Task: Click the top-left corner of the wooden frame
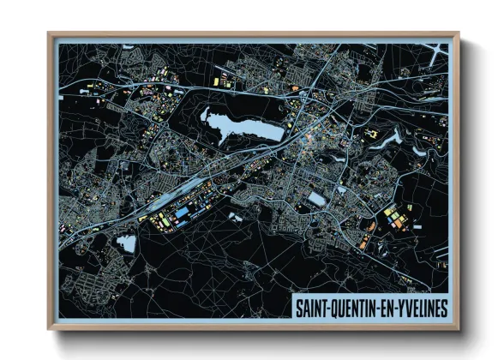coord(49,33)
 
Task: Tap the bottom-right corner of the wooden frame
coord(459,329)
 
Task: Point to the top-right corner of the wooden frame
coord(459,33)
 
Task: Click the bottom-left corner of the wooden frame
coord(49,329)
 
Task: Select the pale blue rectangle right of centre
coord(317,199)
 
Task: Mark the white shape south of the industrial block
coord(234,218)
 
